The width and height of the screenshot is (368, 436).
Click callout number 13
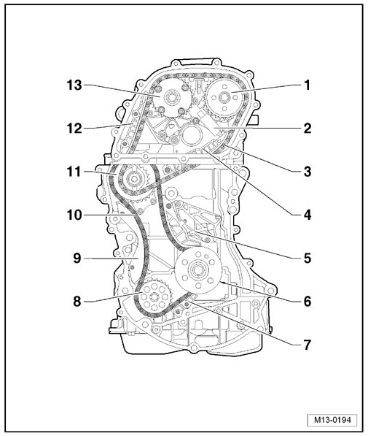tap(74, 85)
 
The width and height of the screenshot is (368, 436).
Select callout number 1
tap(307, 85)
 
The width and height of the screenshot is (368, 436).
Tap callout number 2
tap(308, 129)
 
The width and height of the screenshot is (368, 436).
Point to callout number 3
tap(308, 172)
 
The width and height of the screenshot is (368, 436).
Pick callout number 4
tap(308, 215)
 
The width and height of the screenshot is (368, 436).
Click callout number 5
tap(308, 259)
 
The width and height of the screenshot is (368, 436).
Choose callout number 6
tap(308, 302)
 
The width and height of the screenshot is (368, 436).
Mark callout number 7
tap(308, 345)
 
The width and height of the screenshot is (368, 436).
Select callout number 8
tap(77, 302)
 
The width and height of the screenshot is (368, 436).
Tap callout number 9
tap(77, 259)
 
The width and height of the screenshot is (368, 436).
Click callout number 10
tap(74, 215)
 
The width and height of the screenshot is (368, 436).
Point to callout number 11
tap(74, 172)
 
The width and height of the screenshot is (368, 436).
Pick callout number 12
tap(74, 129)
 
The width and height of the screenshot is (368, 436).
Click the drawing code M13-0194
tap(332, 420)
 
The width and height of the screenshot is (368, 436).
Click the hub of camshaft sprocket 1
tap(224, 97)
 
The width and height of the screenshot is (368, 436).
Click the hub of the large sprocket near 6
tap(197, 270)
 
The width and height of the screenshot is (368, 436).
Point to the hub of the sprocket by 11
tap(133, 180)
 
